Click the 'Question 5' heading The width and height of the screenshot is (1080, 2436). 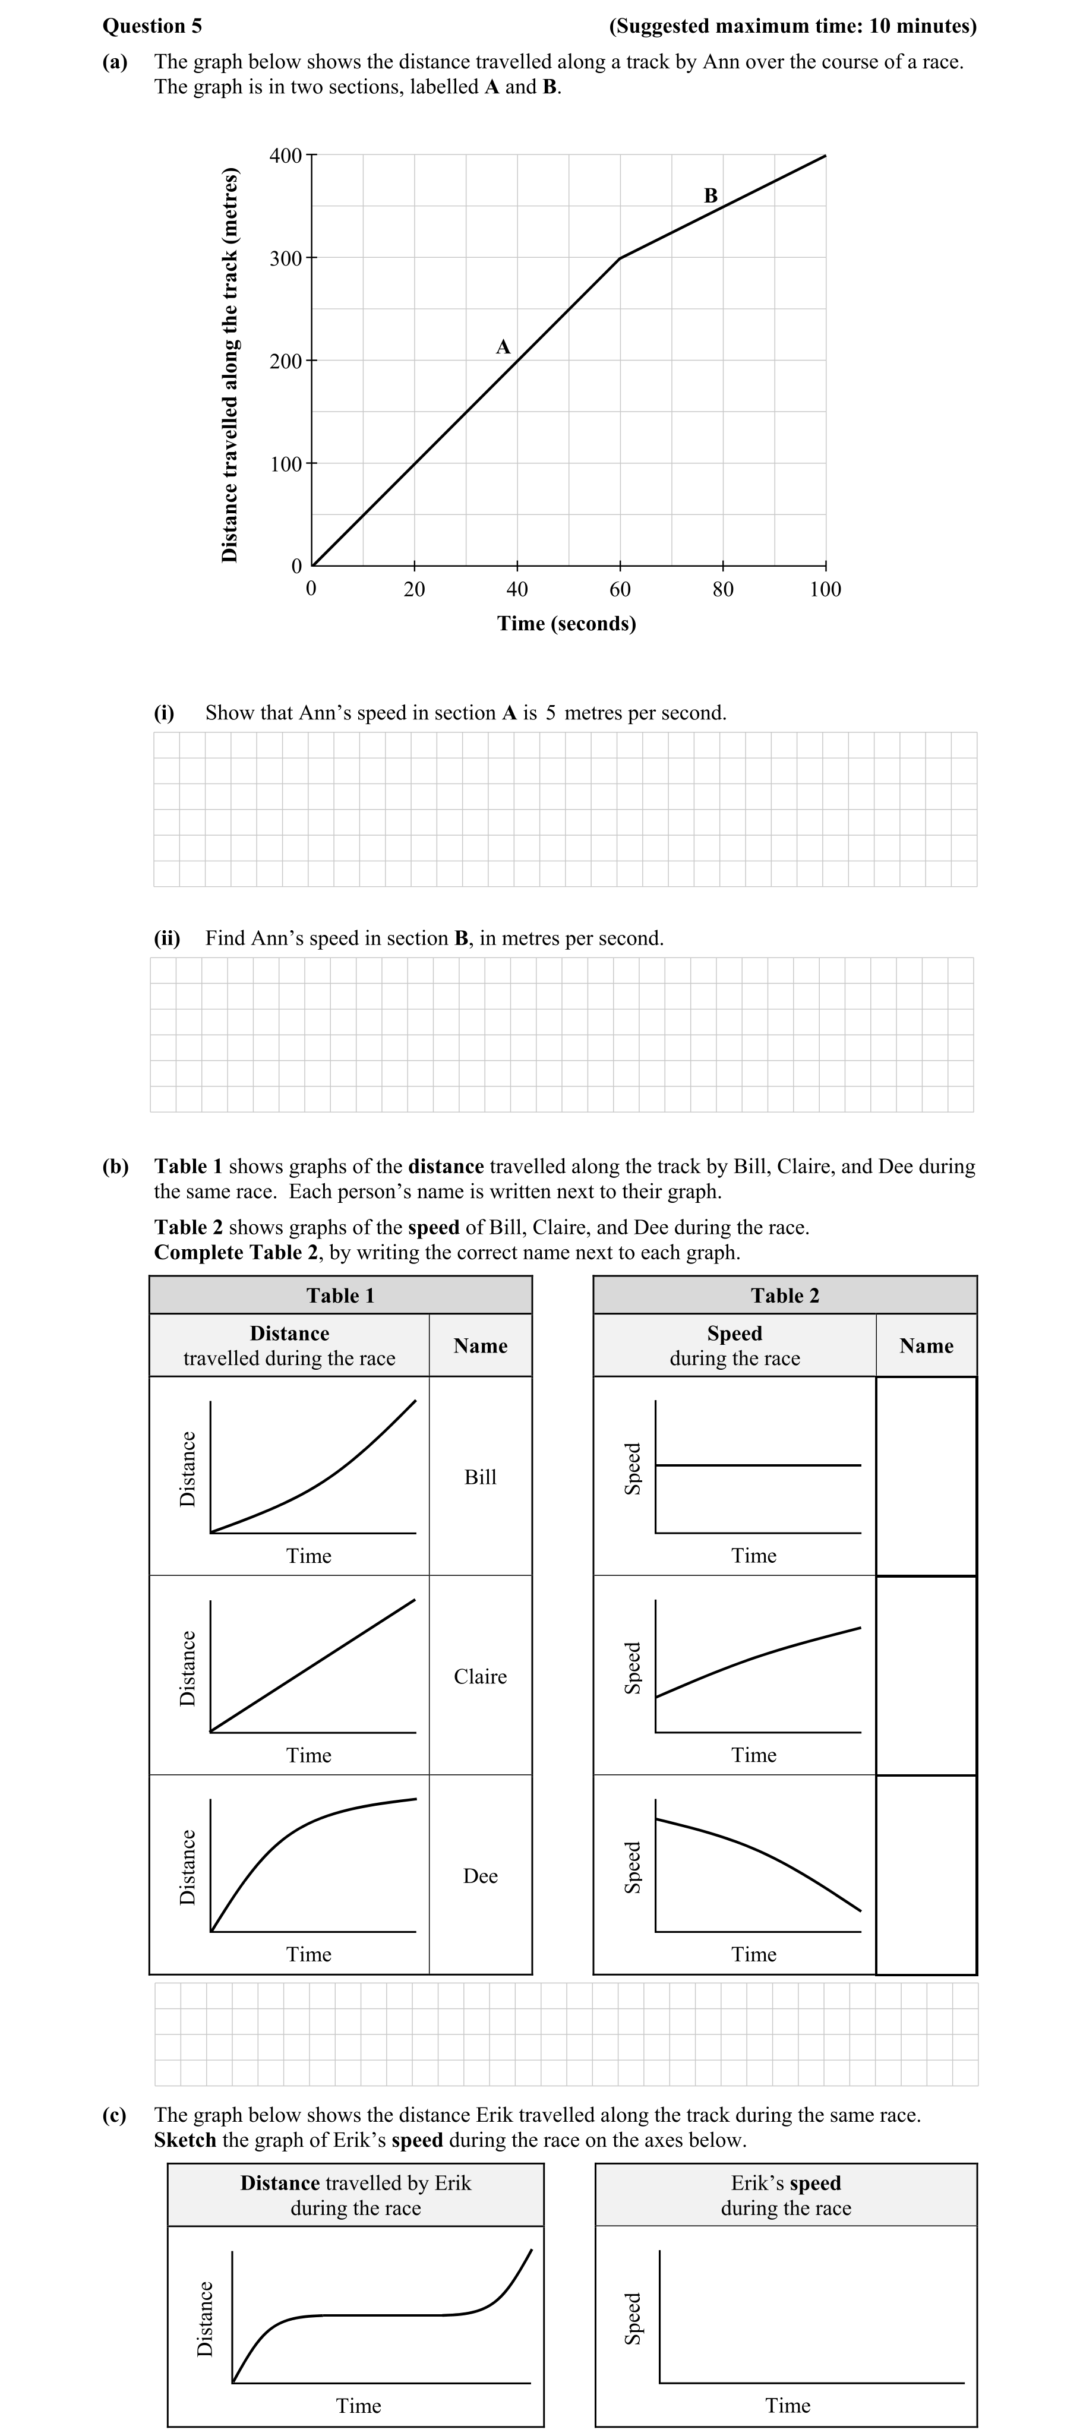[x=151, y=26]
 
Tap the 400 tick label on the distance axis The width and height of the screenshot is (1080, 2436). [x=286, y=155]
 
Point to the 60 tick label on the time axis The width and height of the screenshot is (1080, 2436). [x=620, y=590]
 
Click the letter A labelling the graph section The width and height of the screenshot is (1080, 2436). [x=503, y=347]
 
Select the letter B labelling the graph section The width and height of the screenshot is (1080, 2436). [x=711, y=196]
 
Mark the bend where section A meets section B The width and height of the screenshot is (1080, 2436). [x=620, y=257]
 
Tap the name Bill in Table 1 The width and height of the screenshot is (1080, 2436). [x=481, y=1477]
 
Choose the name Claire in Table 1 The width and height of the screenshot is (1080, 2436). [x=481, y=1677]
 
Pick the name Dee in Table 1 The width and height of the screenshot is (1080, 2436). [x=481, y=1876]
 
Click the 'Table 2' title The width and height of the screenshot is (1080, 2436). [x=785, y=1296]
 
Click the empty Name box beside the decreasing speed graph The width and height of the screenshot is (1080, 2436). [x=926, y=1875]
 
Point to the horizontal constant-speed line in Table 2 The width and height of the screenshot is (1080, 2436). [x=757, y=1465]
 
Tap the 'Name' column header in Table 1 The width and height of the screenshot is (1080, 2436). [x=481, y=1345]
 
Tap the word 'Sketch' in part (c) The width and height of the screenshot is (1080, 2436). [x=185, y=2140]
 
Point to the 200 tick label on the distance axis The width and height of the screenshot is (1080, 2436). [x=286, y=361]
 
